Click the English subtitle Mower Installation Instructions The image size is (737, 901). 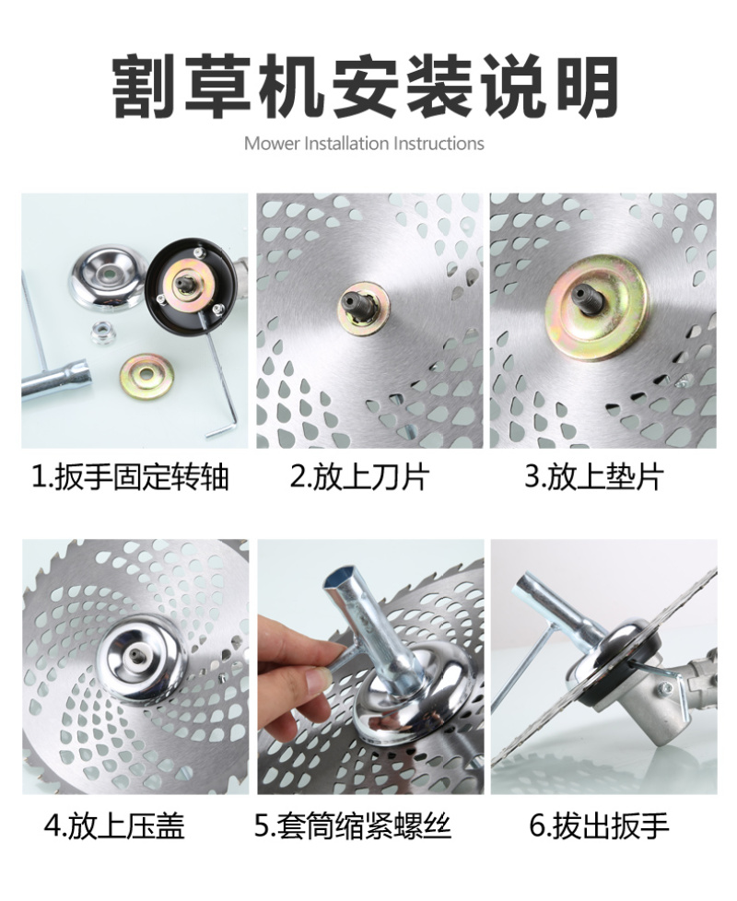click(364, 143)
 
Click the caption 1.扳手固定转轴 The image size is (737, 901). click(130, 477)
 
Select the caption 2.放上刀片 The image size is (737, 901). click(359, 477)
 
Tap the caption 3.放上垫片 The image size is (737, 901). click(594, 477)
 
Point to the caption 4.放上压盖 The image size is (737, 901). click(114, 826)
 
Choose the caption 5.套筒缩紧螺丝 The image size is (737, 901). click(353, 826)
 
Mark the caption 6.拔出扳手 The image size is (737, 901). click(599, 826)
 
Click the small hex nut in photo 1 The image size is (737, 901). click(103, 333)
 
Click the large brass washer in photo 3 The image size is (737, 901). click(596, 307)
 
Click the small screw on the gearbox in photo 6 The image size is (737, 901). click(668, 686)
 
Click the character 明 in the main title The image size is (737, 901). click(589, 87)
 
